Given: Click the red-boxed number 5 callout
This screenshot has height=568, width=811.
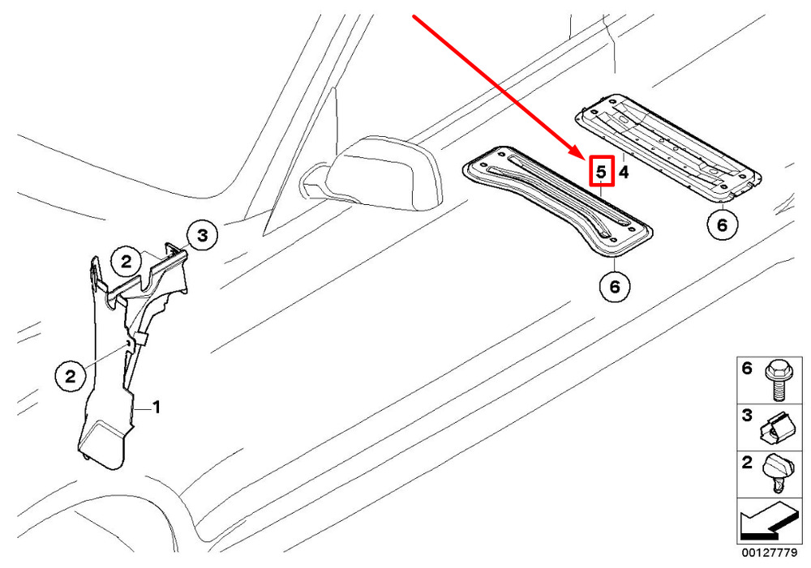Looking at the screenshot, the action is click(x=601, y=171).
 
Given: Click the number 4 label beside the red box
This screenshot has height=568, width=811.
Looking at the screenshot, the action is click(x=624, y=172).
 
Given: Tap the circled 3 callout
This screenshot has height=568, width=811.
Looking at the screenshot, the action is click(x=202, y=236).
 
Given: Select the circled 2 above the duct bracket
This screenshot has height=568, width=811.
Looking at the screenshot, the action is click(x=127, y=262).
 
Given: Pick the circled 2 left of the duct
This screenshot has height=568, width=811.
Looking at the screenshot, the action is click(x=71, y=376).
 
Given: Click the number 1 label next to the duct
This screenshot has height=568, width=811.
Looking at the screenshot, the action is click(x=156, y=408).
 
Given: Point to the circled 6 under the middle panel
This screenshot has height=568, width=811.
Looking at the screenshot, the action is click(x=615, y=286).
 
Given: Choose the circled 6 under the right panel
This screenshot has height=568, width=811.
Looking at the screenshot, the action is click(x=723, y=224).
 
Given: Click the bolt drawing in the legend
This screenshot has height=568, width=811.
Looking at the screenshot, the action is click(x=776, y=380).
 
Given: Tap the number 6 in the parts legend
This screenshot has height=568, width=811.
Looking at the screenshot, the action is click(x=747, y=369).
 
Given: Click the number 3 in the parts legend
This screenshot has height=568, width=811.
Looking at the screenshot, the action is click(x=747, y=415).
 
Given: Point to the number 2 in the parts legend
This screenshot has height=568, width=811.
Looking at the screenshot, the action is click(x=747, y=462).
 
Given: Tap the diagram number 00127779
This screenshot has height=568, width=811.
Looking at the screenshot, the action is click(x=769, y=553).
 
